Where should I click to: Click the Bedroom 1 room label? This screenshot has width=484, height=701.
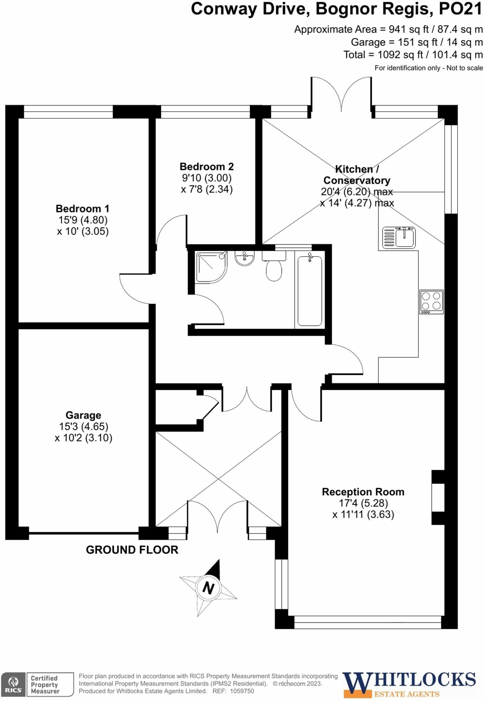coord(83,208)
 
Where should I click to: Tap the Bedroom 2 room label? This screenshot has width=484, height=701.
coord(207,167)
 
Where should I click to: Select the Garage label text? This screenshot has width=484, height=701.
coord(83,415)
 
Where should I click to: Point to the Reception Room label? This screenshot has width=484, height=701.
coord(363,492)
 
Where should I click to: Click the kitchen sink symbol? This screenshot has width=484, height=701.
coord(399,237)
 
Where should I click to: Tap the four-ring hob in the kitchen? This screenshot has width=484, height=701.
coord(431,302)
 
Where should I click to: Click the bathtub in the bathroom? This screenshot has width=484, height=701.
coord(310,291)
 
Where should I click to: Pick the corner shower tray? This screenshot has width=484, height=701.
coord(210,267)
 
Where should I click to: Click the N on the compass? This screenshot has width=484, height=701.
coord(208,588)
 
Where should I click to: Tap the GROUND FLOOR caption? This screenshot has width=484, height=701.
coord(132,550)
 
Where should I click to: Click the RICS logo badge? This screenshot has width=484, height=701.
coord(13,684)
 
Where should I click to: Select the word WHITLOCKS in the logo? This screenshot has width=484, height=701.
coord(409,679)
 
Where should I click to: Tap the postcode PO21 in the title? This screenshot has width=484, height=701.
coord(460,9)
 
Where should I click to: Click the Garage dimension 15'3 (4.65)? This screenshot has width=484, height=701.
coord(84,426)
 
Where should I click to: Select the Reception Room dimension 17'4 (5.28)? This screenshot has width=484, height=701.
coord(363,503)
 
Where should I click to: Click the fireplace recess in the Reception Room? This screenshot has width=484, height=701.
coord(438,498)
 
